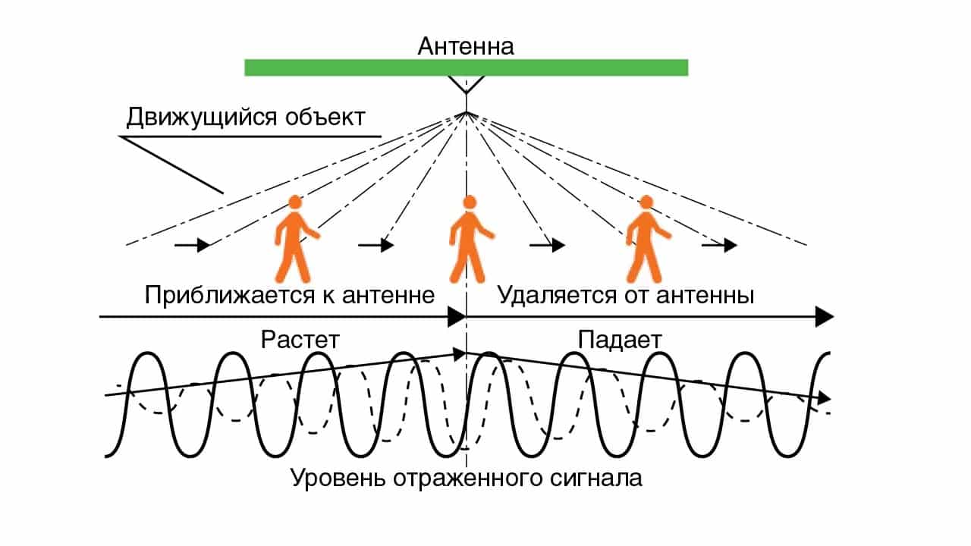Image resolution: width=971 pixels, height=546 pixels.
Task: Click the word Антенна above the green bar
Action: coord(466,46)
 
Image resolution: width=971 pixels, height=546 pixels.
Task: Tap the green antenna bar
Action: coord(466,67)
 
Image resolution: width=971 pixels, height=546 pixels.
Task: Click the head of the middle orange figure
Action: coord(470,202)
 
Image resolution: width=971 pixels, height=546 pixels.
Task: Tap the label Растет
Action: coord(299,339)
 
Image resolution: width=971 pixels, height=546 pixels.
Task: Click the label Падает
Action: coord(619,339)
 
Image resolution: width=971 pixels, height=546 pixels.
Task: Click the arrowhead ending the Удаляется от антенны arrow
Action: coord(825,316)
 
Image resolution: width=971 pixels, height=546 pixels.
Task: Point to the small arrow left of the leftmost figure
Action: coord(193,245)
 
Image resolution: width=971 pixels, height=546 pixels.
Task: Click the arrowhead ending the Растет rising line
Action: coord(459,353)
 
